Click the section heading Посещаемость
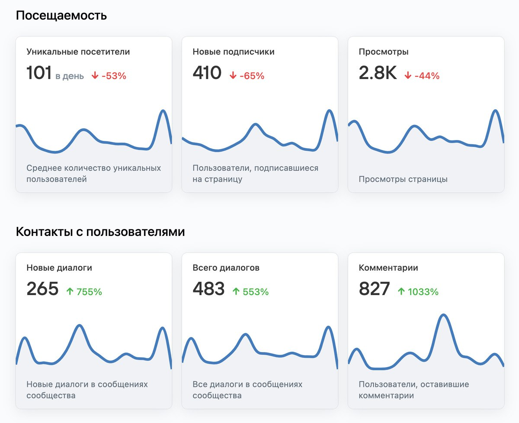pyautogui.click(x=61, y=16)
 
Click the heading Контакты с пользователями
pyautogui.click(x=100, y=232)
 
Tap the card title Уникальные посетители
pyautogui.click(x=78, y=52)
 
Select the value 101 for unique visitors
pyautogui.click(x=39, y=73)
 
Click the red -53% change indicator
pyautogui.click(x=109, y=76)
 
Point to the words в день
pyautogui.click(x=70, y=76)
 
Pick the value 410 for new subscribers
pyautogui.click(x=207, y=73)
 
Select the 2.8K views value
pyautogui.click(x=378, y=73)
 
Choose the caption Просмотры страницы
pyautogui.click(x=403, y=179)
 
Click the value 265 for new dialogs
pyautogui.click(x=42, y=289)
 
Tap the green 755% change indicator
pyautogui.click(x=84, y=292)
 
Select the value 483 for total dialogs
pyautogui.click(x=208, y=289)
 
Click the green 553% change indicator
pyautogui.click(x=250, y=292)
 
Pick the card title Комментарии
pyautogui.click(x=388, y=268)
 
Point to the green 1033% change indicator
pyautogui.click(x=418, y=292)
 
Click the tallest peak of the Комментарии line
pyautogui.click(x=443, y=315)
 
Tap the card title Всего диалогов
pyautogui.click(x=226, y=268)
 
